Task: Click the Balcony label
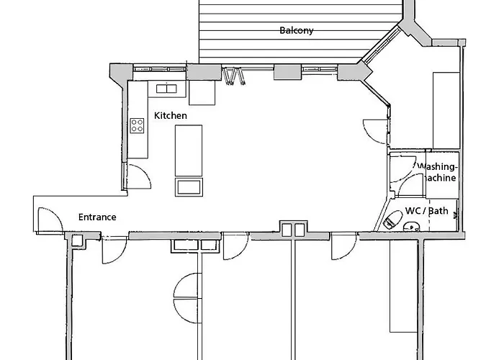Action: point(296,30)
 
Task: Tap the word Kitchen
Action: point(171,115)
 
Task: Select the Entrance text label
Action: point(96,217)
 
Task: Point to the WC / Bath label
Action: point(427,211)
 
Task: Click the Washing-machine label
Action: point(437,172)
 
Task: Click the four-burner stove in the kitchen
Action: point(137,126)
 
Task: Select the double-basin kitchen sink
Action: point(166,89)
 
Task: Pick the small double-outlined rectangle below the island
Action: point(189,187)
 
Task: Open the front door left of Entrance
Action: point(47,220)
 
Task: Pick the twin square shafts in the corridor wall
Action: point(292,230)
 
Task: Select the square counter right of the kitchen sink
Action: point(202,93)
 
